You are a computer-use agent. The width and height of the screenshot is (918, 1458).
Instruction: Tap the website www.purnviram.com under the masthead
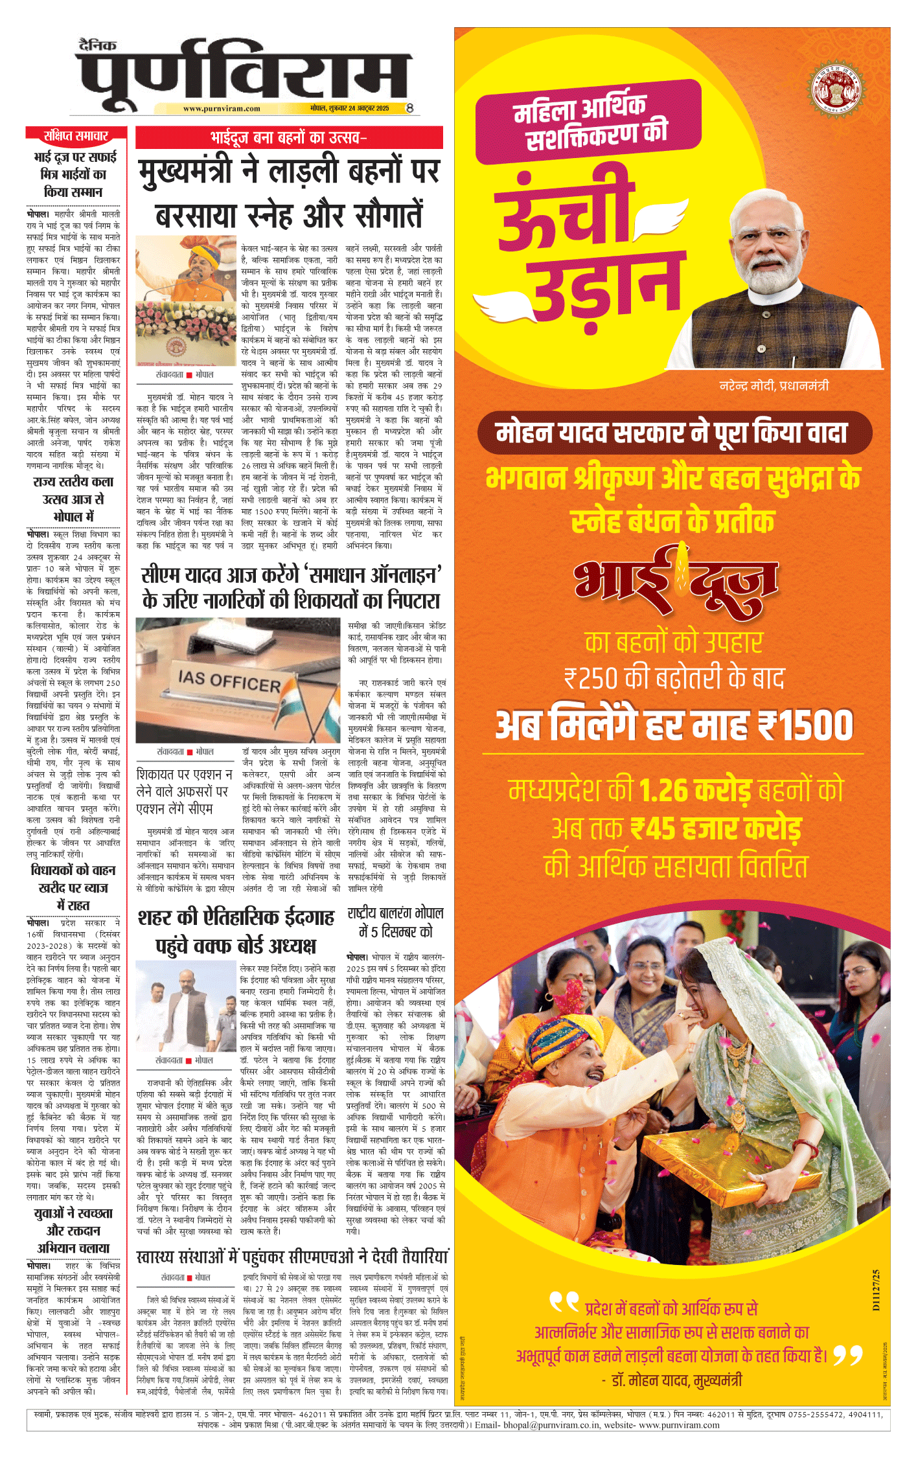coord(222,109)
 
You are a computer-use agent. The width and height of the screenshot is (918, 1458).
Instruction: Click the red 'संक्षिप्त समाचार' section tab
coord(76,135)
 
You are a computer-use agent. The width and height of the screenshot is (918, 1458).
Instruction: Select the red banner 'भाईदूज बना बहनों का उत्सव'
coord(289,137)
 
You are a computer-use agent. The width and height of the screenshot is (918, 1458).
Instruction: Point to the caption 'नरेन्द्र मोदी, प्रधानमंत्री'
coord(774,386)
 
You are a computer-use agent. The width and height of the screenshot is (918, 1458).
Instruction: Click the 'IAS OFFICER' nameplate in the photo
coord(229,681)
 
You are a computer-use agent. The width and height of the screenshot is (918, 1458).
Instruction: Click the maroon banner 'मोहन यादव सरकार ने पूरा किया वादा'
coord(674,433)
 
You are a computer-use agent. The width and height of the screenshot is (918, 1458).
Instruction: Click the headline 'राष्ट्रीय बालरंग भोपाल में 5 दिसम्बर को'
coord(395,922)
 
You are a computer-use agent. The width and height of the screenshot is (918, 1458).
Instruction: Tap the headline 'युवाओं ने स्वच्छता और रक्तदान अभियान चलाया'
coord(73,1230)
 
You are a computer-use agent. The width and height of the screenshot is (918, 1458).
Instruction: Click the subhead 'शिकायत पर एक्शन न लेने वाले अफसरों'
coord(184,791)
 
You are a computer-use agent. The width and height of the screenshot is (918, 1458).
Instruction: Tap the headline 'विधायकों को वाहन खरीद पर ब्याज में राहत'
coord(73,887)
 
